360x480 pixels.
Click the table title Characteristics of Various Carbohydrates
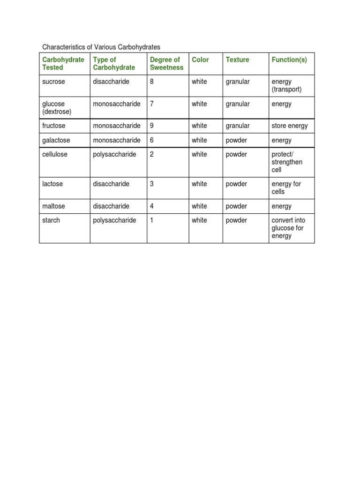coord(101,47)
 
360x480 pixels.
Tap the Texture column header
coord(237,60)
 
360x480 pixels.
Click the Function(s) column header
coord(289,60)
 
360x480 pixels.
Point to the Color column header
coord(200,60)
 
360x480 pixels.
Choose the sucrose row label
coord(54,82)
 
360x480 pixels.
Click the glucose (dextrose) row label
coord(57,108)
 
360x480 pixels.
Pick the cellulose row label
coord(55,154)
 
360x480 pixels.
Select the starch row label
coord(51,220)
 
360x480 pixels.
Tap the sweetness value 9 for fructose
coord(152,126)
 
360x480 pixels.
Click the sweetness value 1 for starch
coord(152,220)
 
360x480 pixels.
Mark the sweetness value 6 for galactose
coord(152,140)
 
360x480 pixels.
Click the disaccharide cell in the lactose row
coord(111,184)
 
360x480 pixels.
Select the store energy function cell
coord(290,126)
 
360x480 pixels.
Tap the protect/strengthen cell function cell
coord(287,162)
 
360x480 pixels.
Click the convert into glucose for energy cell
coord(288,228)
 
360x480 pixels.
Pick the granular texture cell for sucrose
coord(238,82)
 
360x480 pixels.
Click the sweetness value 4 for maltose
coord(152,206)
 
